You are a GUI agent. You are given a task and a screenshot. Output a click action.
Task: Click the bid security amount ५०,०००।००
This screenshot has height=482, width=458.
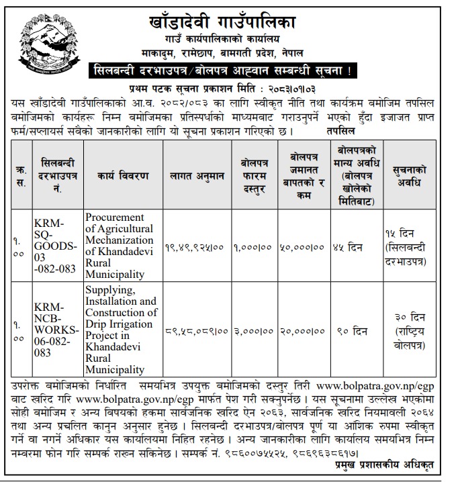coord(304,247)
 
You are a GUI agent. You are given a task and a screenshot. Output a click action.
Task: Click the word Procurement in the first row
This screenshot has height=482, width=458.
coord(115,218)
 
